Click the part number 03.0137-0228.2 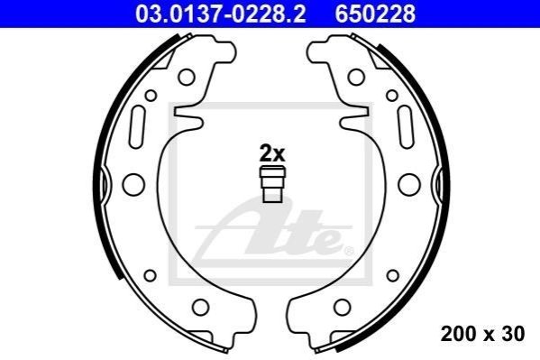pyautogui.click(x=221, y=14)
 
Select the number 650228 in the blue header pyautogui.click(x=375, y=14)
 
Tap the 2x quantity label pyautogui.click(x=272, y=153)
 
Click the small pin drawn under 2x pyautogui.click(x=272, y=184)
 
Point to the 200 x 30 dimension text pyautogui.click(x=482, y=334)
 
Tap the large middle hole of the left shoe pyautogui.click(x=133, y=184)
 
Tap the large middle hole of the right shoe pyautogui.click(x=409, y=184)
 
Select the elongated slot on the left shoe pyautogui.click(x=137, y=127)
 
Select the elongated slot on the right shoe pyautogui.click(x=406, y=127)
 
